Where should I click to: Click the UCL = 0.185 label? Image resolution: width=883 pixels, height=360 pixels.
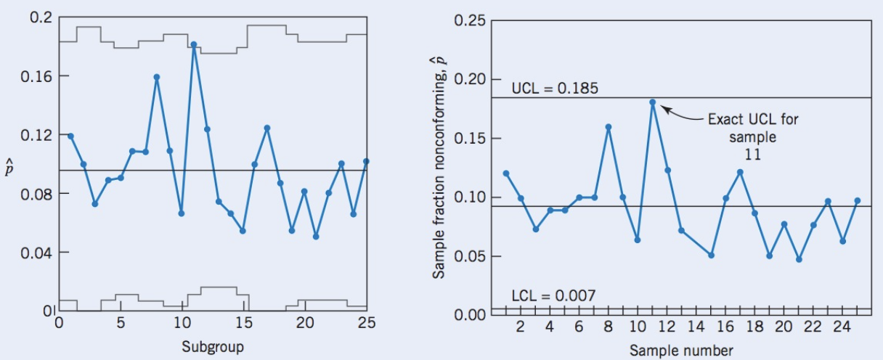(x=555, y=89)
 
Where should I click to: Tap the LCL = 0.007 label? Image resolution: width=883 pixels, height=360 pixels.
(x=553, y=295)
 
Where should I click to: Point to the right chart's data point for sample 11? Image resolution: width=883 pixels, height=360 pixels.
(x=653, y=102)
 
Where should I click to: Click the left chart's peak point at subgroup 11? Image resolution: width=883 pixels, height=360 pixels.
(x=194, y=44)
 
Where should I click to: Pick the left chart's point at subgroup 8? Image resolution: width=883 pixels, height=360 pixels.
(x=157, y=77)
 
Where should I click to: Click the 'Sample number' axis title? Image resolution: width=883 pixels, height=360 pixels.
(x=681, y=351)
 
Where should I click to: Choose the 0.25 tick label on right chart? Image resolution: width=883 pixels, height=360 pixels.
(x=468, y=20)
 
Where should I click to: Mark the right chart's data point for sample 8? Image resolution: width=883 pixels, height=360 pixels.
(x=609, y=127)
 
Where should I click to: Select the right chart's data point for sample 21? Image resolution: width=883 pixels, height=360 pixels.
(x=799, y=259)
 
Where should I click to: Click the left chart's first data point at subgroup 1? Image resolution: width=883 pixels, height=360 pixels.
(x=70, y=136)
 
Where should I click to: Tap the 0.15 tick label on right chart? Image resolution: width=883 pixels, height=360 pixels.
(x=468, y=138)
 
